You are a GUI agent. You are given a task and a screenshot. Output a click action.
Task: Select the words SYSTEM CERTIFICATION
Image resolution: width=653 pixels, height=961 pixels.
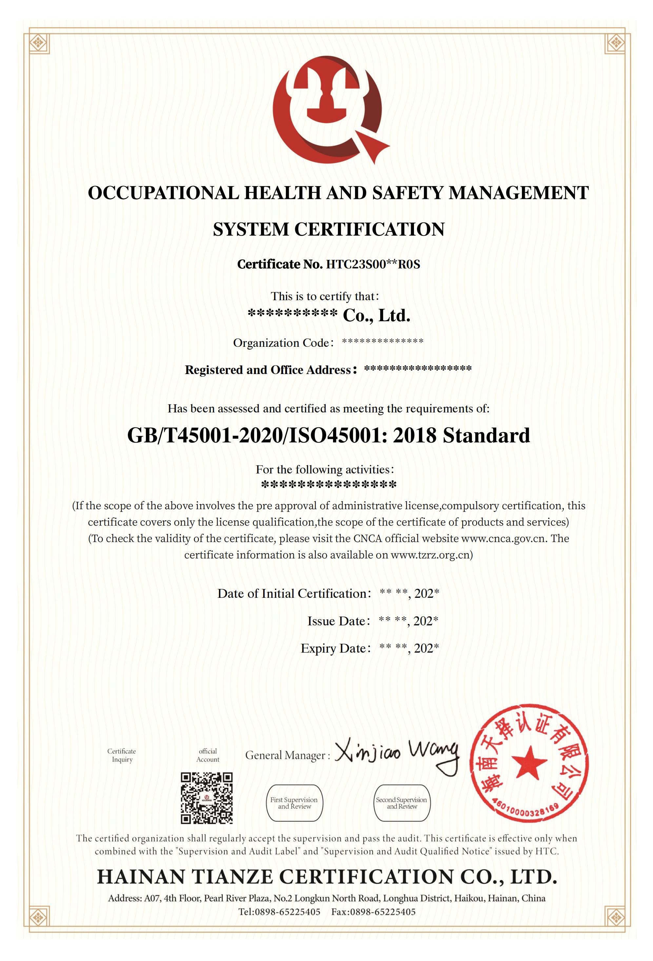[x=328, y=229]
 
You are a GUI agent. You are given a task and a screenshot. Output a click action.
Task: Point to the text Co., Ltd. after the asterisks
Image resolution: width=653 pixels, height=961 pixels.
[x=376, y=316]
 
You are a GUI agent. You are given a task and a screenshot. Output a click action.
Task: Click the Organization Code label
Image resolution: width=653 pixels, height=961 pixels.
[x=283, y=343]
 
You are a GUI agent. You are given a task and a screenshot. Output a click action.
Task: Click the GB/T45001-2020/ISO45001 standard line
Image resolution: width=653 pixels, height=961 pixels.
[x=328, y=435]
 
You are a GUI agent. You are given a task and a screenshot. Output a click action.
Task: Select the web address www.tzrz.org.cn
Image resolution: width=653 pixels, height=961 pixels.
[x=430, y=555]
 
